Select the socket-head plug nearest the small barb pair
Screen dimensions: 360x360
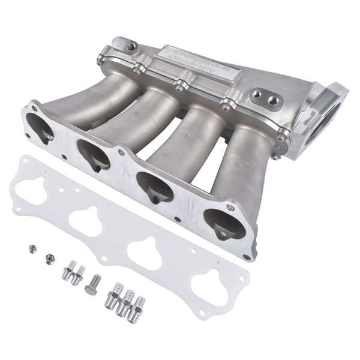(48, 259)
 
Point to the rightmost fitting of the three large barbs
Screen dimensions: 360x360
(139, 302)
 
